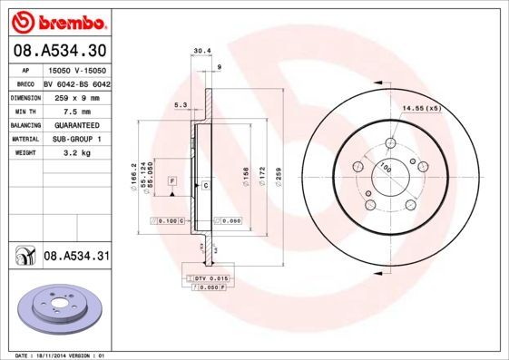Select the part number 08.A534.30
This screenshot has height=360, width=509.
(59, 52)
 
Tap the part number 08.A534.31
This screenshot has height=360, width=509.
(76, 258)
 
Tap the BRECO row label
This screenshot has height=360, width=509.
(25, 83)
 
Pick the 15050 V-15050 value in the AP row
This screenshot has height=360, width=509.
(76, 69)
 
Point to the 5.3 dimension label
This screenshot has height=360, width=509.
(180, 106)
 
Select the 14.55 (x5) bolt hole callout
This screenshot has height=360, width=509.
(421, 109)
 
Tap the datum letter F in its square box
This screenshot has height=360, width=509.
(171, 182)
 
